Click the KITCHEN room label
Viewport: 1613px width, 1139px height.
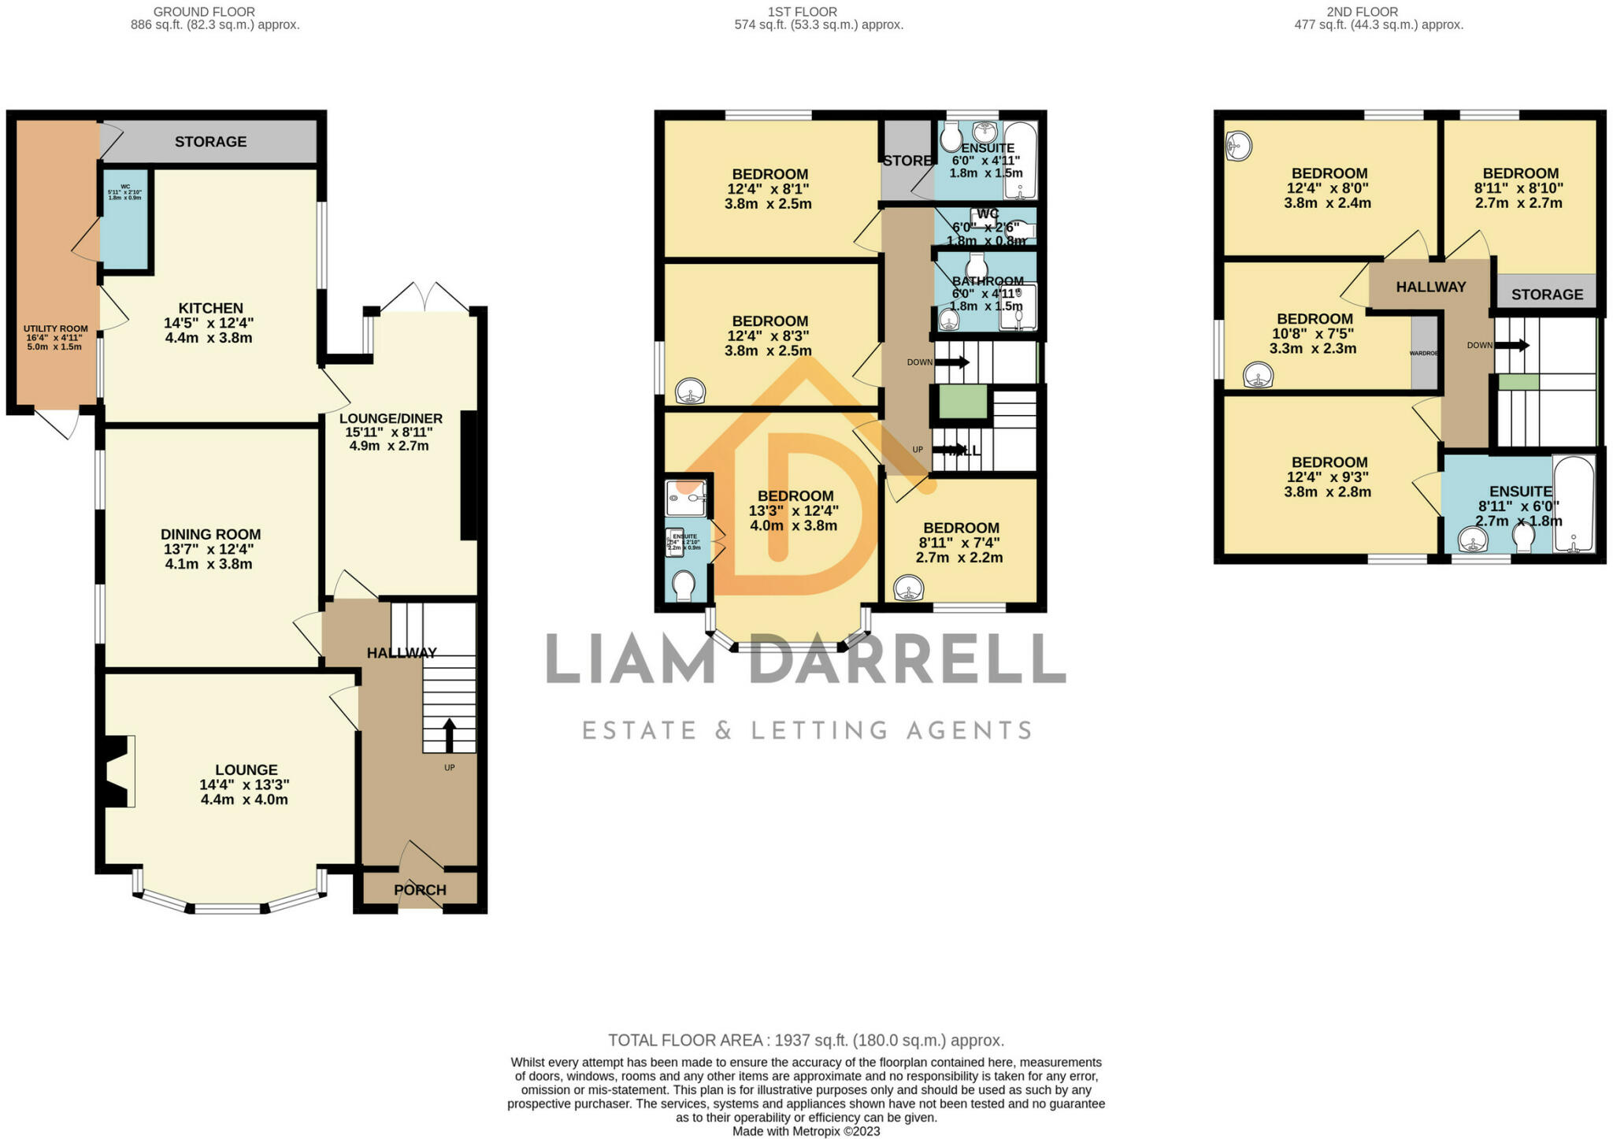[x=210, y=308]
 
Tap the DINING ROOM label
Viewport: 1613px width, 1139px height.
[x=210, y=534]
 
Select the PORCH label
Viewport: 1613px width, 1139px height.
[x=420, y=890]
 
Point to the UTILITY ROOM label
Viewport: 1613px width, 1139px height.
[x=56, y=328]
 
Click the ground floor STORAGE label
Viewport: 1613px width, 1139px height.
[x=210, y=142]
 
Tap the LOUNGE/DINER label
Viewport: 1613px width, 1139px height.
[x=391, y=418]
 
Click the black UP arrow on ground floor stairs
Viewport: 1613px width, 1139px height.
[x=450, y=735]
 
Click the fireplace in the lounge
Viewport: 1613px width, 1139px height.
[x=117, y=771]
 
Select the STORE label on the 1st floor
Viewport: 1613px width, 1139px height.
[x=907, y=161]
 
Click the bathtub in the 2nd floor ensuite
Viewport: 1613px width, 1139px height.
[x=1573, y=504]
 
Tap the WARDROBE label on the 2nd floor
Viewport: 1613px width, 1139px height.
[x=1424, y=354]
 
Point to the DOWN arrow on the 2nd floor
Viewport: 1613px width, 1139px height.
[x=1512, y=345]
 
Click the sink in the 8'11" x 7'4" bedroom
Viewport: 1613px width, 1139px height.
[x=908, y=588]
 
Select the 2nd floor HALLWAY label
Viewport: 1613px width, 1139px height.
[x=1431, y=287]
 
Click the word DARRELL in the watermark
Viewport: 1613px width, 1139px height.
[x=907, y=660]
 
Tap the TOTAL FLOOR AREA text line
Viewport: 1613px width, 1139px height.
[x=806, y=1040]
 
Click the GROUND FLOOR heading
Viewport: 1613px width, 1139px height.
[x=204, y=12]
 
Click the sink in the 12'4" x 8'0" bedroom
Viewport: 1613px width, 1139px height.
[x=1239, y=146]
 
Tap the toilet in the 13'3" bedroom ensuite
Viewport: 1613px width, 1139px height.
[x=683, y=585]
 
